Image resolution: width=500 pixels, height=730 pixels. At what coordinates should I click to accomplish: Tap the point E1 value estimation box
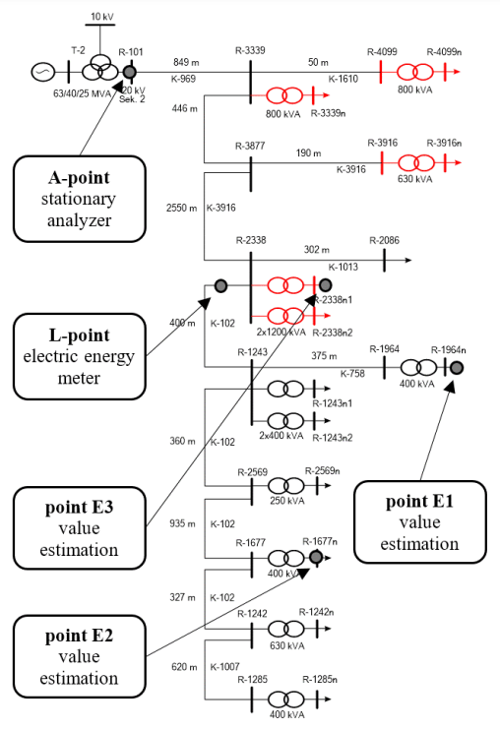click(420, 521)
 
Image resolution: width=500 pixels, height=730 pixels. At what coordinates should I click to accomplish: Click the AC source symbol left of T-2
click(43, 71)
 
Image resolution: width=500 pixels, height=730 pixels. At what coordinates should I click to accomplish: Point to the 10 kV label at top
click(101, 17)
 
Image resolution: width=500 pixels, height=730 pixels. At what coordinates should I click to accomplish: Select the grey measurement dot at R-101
click(129, 71)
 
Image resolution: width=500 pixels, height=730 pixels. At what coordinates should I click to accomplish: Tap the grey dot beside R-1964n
click(457, 367)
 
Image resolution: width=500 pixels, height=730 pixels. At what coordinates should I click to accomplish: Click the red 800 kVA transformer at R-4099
click(413, 72)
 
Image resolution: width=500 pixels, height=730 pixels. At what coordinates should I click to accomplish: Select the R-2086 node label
click(385, 240)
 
